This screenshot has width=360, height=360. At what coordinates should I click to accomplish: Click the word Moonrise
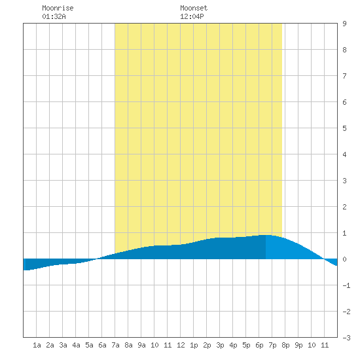pyautogui.click(x=58, y=9)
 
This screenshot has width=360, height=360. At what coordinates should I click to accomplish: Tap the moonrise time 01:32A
pyautogui.click(x=54, y=16)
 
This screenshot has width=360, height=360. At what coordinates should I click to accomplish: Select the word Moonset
pyautogui.click(x=194, y=9)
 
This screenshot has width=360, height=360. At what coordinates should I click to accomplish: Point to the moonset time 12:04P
pyautogui.click(x=192, y=16)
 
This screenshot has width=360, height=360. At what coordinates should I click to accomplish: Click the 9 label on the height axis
pyautogui.click(x=344, y=24)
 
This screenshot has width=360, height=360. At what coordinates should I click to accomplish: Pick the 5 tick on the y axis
pyautogui.click(x=344, y=128)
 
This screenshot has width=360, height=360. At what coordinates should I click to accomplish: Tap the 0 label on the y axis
pyautogui.click(x=344, y=259)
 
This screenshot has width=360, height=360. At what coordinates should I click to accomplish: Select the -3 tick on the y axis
pyautogui.click(x=346, y=338)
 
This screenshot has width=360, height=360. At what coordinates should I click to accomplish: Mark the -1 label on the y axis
pyautogui.click(x=346, y=285)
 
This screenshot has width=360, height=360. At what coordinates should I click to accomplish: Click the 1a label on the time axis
pyautogui.click(x=37, y=345)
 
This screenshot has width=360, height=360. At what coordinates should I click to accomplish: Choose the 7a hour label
pyautogui.click(x=115, y=345)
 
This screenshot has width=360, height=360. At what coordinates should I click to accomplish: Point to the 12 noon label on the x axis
pyautogui.click(x=181, y=345)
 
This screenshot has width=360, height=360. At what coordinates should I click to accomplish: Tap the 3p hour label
pyautogui.click(x=220, y=345)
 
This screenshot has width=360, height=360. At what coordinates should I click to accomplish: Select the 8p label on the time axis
pyautogui.click(x=285, y=345)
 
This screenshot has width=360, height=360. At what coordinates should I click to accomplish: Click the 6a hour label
pyautogui.click(x=102, y=345)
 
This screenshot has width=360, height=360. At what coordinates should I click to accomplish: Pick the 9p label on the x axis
pyautogui.click(x=298, y=345)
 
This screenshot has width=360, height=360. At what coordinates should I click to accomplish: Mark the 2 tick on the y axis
pyautogui.click(x=344, y=207)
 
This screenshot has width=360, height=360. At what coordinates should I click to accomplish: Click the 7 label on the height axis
pyautogui.click(x=344, y=76)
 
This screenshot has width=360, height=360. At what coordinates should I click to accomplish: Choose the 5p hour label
pyautogui.click(x=246, y=345)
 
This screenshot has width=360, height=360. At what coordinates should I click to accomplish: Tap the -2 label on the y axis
pyautogui.click(x=346, y=312)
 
